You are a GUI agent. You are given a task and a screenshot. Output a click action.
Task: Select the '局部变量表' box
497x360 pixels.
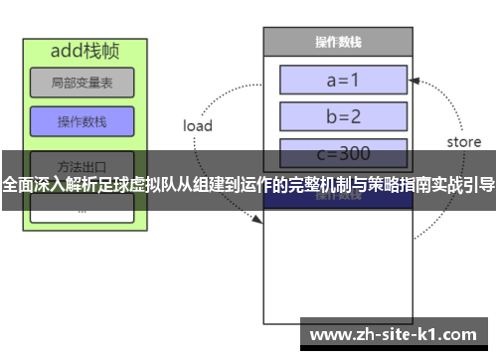82,83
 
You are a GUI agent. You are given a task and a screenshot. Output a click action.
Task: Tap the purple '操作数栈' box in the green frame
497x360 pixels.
82,122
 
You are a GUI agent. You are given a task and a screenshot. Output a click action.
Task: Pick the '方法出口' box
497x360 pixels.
82,164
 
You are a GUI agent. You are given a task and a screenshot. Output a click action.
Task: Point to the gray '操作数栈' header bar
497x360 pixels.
338,42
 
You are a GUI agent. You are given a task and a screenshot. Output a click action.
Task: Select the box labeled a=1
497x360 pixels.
343,80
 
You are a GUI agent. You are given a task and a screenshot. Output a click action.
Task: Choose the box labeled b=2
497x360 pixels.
343,115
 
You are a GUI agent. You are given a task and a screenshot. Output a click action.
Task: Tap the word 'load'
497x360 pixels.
198,125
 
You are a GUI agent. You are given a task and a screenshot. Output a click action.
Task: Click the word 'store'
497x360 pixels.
463,141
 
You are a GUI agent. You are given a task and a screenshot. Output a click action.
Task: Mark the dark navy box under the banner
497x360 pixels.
338,197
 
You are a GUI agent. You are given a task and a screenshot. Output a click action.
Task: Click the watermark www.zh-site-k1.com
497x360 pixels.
397,335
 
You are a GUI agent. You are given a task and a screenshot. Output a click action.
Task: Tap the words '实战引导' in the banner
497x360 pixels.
462,184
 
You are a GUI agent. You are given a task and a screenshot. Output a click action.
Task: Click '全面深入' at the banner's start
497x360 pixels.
31,184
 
